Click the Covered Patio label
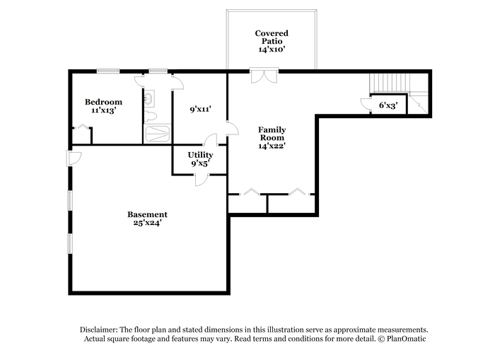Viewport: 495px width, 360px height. click(x=272, y=37)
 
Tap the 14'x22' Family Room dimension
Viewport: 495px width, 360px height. click(x=272, y=146)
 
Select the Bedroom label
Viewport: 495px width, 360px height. click(x=103, y=102)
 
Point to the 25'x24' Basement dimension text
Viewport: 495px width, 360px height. click(x=147, y=223)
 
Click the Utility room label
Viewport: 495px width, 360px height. click(x=200, y=155)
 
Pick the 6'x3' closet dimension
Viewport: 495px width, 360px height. click(x=388, y=105)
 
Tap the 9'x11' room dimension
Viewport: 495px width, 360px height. click(x=200, y=109)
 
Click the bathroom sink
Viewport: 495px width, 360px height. click(x=148, y=98)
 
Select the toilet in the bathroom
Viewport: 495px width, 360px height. click(x=150, y=116)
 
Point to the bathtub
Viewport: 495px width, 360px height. click(x=158, y=134)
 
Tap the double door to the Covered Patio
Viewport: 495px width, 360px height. click(x=264, y=76)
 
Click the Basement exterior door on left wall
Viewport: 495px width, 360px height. click(x=74, y=158)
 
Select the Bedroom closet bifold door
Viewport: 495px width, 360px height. click(x=83, y=127)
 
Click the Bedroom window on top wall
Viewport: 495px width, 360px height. click(x=108, y=71)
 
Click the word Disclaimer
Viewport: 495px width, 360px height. click(x=99, y=330)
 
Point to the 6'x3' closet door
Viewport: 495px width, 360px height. click(x=366, y=105)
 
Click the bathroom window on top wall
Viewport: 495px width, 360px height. click(x=158, y=71)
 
